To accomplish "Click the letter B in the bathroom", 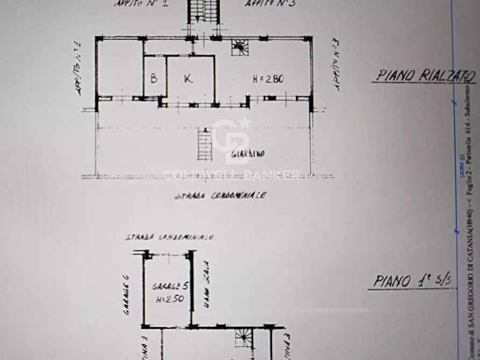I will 154,79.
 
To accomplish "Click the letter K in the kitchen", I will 188,79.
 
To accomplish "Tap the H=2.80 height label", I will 268,80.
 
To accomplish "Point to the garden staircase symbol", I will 205,145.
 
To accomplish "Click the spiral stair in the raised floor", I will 240,47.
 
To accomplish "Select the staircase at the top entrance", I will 204,11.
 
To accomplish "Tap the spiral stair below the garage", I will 243,338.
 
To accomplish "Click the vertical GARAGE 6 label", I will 126,295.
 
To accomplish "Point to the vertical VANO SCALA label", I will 206,284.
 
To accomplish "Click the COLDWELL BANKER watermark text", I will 231,174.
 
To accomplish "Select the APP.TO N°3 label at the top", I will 265,3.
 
